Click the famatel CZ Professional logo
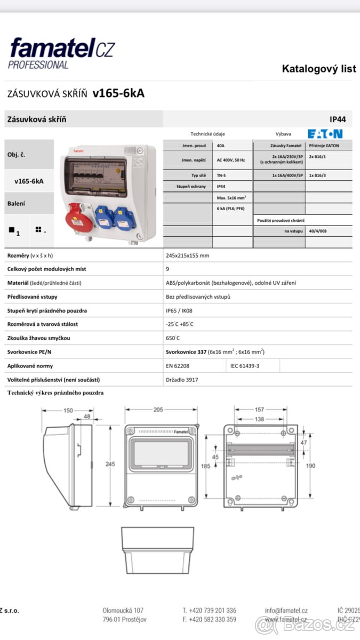pyautogui.click(x=61, y=52)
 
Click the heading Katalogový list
pyautogui.click(x=318, y=69)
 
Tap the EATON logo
pyautogui.click(x=325, y=134)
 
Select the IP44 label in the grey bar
pyautogui.click(x=338, y=119)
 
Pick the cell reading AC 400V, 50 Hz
pyautogui.click(x=231, y=159)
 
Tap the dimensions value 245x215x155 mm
pyautogui.click(x=187, y=255)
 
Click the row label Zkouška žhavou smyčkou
pyautogui.click(x=39, y=338)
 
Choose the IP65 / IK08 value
pyautogui.click(x=179, y=310)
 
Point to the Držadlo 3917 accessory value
pyautogui.click(x=181, y=380)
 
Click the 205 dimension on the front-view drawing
pyautogui.click(x=158, y=410)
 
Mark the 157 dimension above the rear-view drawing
pyautogui.click(x=259, y=410)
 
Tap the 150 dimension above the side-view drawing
pyautogui.click(x=68, y=410)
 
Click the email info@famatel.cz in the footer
pyautogui.click(x=286, y=611)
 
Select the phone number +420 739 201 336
pyautogui.click(x=209, y=611)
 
